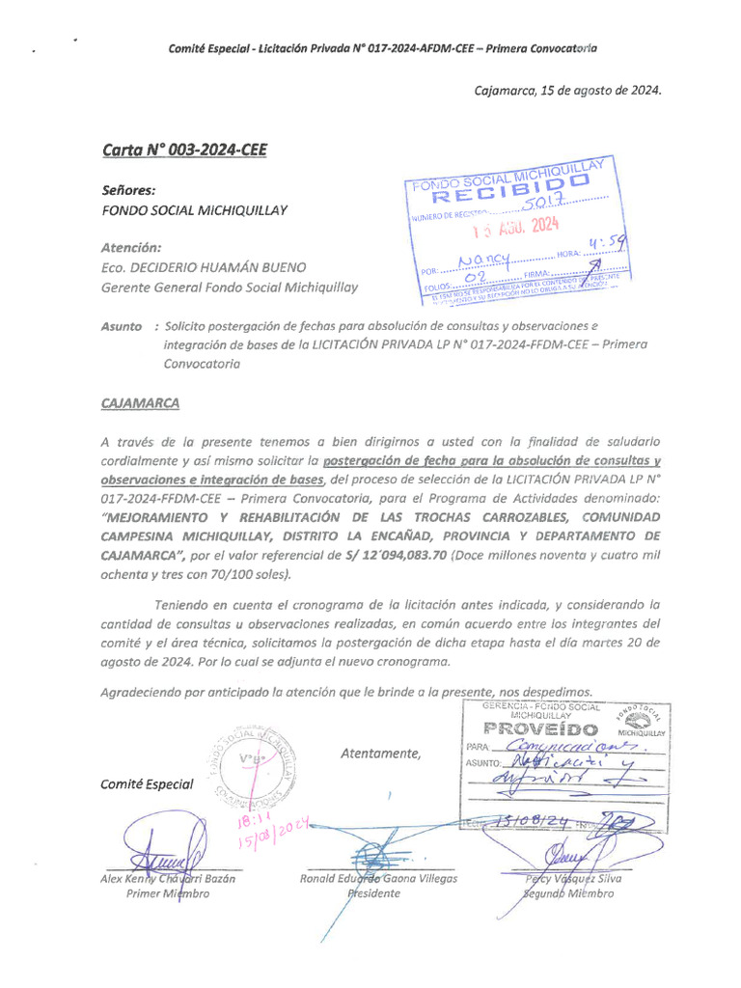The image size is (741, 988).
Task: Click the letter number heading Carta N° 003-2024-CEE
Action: point(183,150)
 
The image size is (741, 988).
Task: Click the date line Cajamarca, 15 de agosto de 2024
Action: point(567,90)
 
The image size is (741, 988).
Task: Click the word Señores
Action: point(128,190)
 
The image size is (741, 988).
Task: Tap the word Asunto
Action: point(121,327)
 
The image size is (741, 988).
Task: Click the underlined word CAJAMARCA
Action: point(140,402)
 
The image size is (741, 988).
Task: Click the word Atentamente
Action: point(380,754)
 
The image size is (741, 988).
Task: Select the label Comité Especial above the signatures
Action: point(147,784)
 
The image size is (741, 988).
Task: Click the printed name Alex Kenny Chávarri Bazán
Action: point(167,878)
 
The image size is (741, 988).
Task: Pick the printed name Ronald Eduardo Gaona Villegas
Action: point(379,878)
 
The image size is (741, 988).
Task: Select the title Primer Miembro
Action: point(167,894)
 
